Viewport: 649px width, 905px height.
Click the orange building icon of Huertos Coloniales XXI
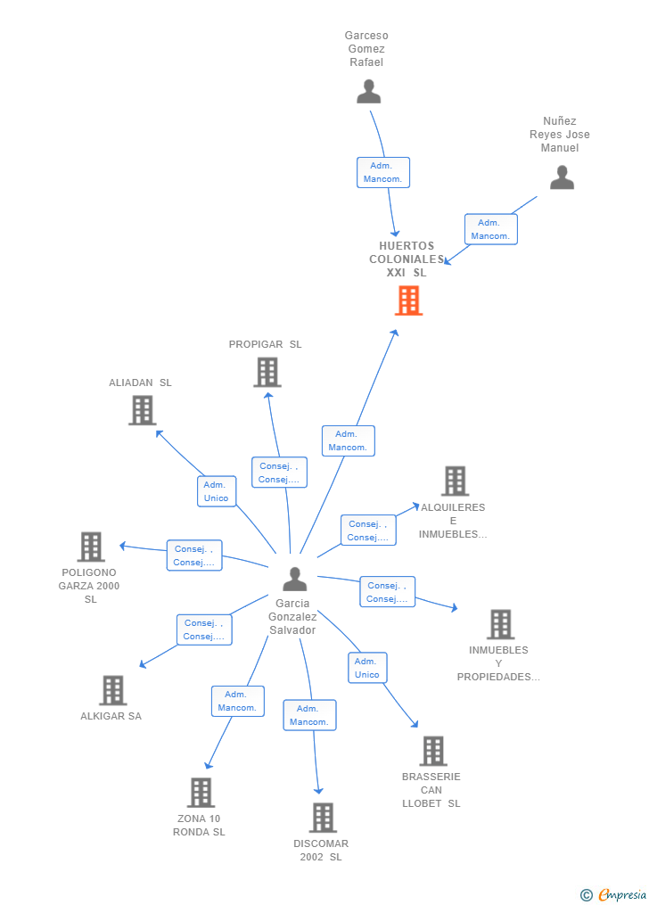(x=408, y=300)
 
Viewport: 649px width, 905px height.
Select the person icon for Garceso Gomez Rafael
(x=369, y=92)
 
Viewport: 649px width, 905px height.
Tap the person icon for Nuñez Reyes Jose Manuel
(x=562, y=177)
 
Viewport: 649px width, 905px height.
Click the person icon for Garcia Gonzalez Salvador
(x=295, y=579)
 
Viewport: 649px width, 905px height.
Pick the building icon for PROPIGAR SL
(x=267, y=373)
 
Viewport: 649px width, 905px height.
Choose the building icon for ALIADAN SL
(x=142, y=410)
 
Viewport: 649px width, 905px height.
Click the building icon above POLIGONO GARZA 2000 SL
(x=91, y=547)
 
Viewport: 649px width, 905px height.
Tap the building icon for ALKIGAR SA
(x=113, y=690)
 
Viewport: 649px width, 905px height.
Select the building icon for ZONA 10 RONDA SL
(x=201, y=793)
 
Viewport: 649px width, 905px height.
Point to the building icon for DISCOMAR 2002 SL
(x=323, y=818)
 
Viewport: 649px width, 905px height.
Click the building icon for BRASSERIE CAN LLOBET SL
(x=433, y=751)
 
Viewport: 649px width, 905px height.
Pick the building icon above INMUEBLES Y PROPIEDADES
(x=501, y=624)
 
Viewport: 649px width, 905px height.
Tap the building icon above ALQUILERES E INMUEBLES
(x=456, y=481)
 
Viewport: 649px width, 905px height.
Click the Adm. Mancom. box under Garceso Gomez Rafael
(x=383, y=173)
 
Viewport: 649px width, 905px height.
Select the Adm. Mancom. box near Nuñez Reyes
(x=491, y=229)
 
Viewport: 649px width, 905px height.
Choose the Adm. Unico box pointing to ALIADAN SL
(x=217, y=491)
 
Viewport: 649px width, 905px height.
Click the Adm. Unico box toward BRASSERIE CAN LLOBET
(x=367, y=668)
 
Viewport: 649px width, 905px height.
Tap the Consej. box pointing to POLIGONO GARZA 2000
(x=194, y=555)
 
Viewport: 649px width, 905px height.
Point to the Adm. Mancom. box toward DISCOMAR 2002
(x=309, y=715)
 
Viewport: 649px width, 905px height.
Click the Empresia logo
(x=613, y=894)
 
